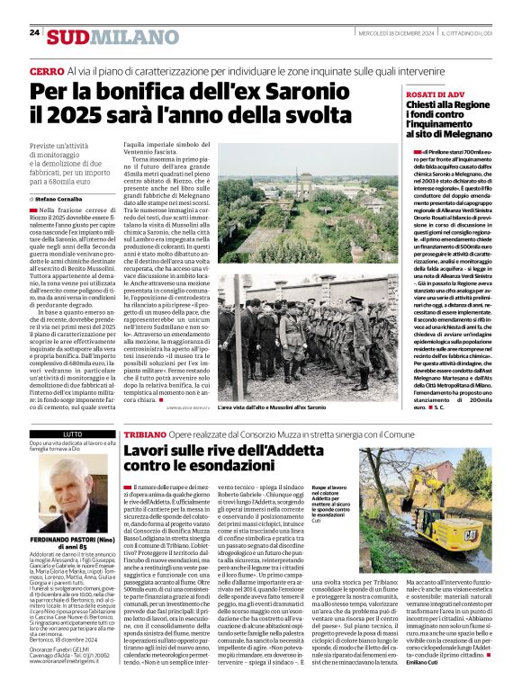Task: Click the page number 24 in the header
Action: click(x=34, y=32)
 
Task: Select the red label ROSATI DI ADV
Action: click(x=435, y=94)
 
